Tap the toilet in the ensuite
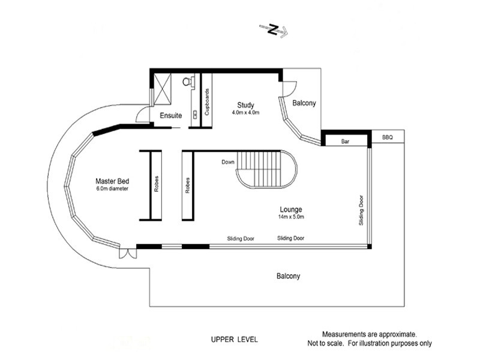(x=187, y=82)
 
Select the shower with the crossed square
(x=162, y=89)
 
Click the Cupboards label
(x=207, y=102)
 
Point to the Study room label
(x=245, y=106)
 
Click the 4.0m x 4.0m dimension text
(x=245, y=113)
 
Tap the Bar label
(x=346, y=142)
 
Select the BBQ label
(x=387, y=137)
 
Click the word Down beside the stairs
(x=228, y=162)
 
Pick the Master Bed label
(x=112, y=181)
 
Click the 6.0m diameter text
(x=112, y=188)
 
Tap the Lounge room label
(x=291, y=209)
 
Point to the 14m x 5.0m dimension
(x=291, y=217)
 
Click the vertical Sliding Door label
(x=361, y=211)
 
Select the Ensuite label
(x=171, y=116)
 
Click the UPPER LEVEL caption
(x=235, y=340)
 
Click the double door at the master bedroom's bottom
(x=128, y=253)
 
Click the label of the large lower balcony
(x=288, y=276)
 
